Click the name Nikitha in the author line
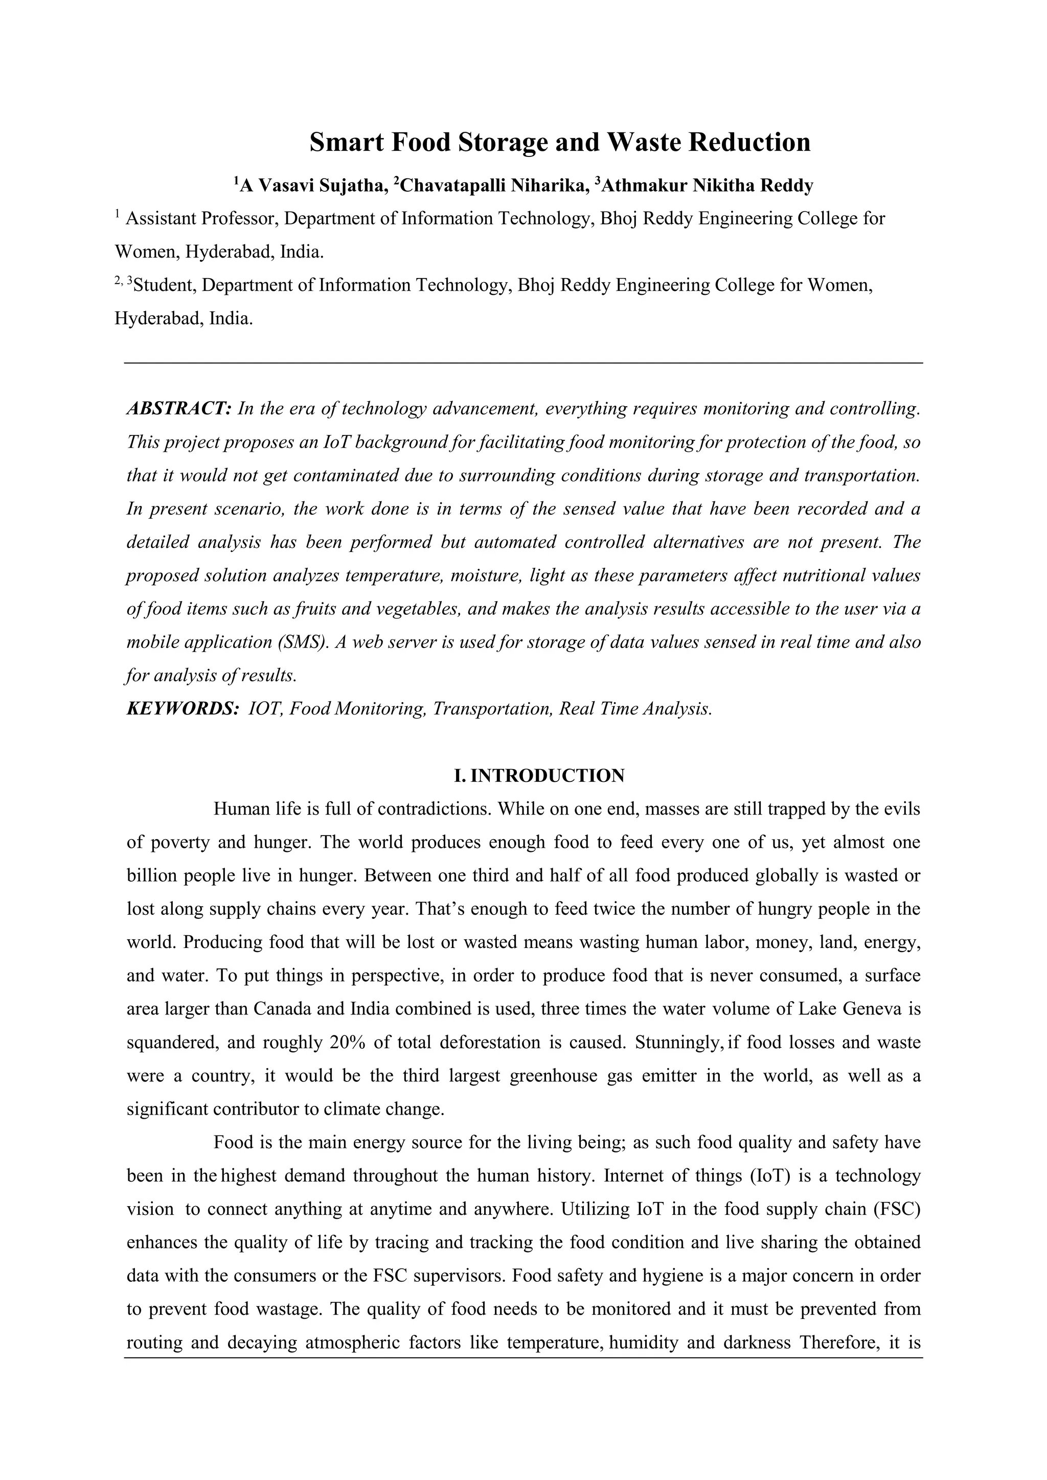coord(723,187)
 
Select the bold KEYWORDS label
coord(183,709)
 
